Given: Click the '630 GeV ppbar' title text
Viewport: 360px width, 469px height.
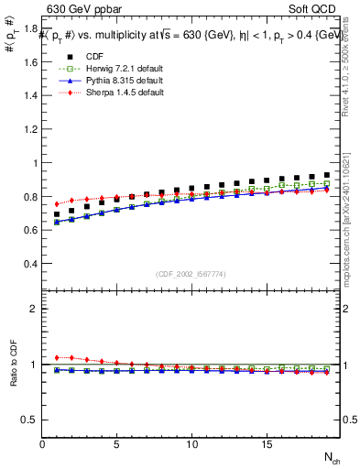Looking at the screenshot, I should click(x=80, y=10).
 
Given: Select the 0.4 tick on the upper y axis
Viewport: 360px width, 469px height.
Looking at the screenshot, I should click(x=31, y=264).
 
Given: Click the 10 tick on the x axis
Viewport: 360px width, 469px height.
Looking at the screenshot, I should click(x=191, y=444).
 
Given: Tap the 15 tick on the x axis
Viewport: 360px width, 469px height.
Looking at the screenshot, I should click(x=266, y=444).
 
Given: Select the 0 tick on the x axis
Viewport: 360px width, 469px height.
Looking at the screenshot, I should click(x=42, y=444).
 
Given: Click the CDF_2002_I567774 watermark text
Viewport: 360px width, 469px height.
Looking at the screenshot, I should click(x=191, y=274).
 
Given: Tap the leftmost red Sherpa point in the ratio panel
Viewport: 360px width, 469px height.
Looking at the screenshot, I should click(x=57, y=357).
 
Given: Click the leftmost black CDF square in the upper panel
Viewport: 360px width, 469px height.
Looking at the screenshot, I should click(x=57, y=214).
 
